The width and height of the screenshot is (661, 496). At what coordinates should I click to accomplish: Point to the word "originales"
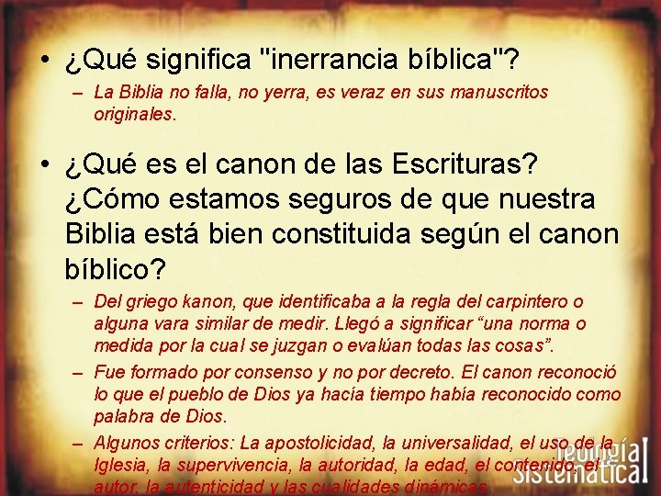pyautogui.click(x=132, y=116)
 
